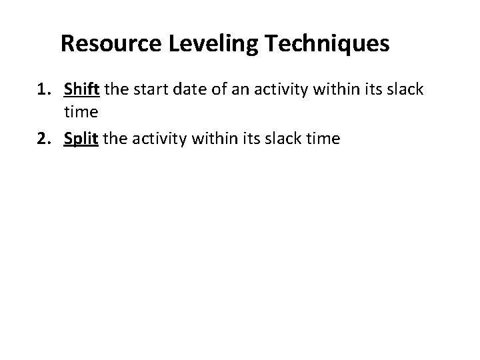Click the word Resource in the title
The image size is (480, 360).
[x=107, y=44]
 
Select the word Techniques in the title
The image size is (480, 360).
[x=318, y=44]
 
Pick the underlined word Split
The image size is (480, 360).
[x=81, y=139]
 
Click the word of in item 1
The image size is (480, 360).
[x=215, y=89]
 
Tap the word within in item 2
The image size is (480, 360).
[x=213, y=139]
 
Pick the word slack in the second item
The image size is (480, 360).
[x=283, y=139]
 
